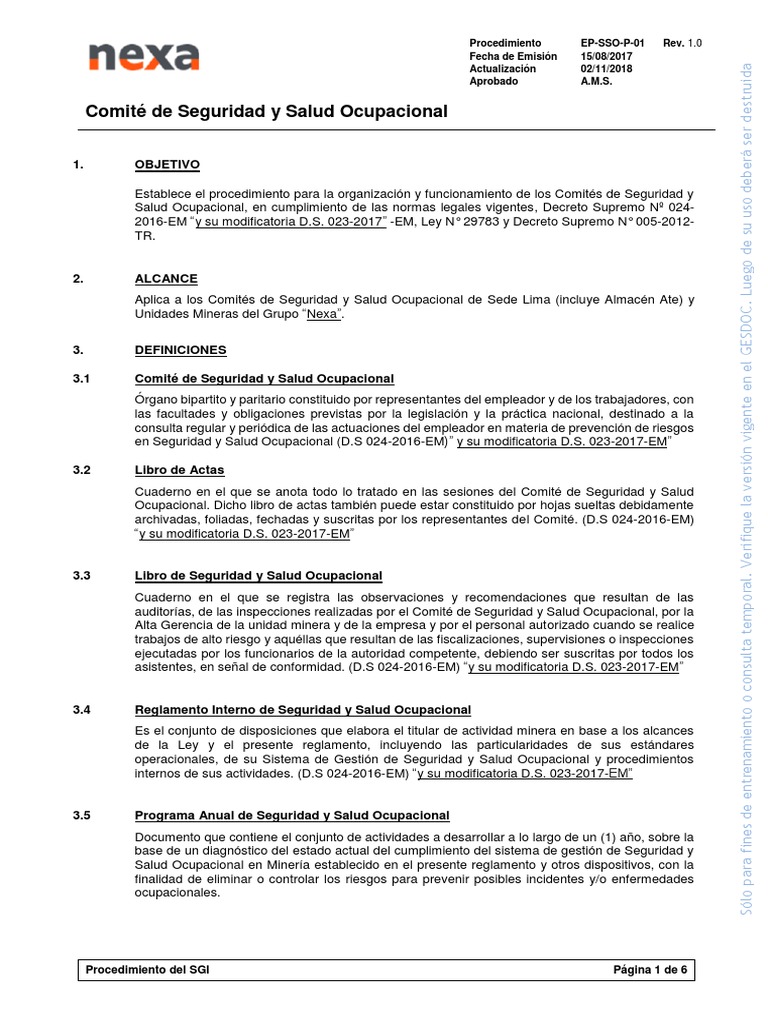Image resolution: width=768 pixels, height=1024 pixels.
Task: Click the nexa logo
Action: point(142,58)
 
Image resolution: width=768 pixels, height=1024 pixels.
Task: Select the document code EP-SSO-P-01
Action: point(612,44)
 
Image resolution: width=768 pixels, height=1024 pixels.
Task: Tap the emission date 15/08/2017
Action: point(608,57)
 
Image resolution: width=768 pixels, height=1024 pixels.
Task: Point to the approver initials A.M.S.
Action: point(596,83)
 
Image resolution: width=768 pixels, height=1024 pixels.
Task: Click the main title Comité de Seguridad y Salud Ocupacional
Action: point(266,112)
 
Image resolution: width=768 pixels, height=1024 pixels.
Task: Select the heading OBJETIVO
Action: point(167,164)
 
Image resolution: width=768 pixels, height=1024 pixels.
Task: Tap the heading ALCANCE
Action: point(165,279)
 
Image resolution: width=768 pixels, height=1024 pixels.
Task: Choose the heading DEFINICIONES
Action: point(180,350)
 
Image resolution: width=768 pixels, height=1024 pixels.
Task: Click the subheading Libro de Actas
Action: point(179,469)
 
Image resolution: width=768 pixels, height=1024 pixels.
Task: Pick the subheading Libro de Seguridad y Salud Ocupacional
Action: point(258,576)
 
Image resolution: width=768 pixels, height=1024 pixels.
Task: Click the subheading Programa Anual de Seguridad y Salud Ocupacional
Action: point(292,816)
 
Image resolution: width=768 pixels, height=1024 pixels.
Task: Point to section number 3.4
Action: point(82,710)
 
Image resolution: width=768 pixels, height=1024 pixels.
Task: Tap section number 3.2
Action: point(82,469)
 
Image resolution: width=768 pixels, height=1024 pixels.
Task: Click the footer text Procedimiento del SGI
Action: point(148,970)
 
